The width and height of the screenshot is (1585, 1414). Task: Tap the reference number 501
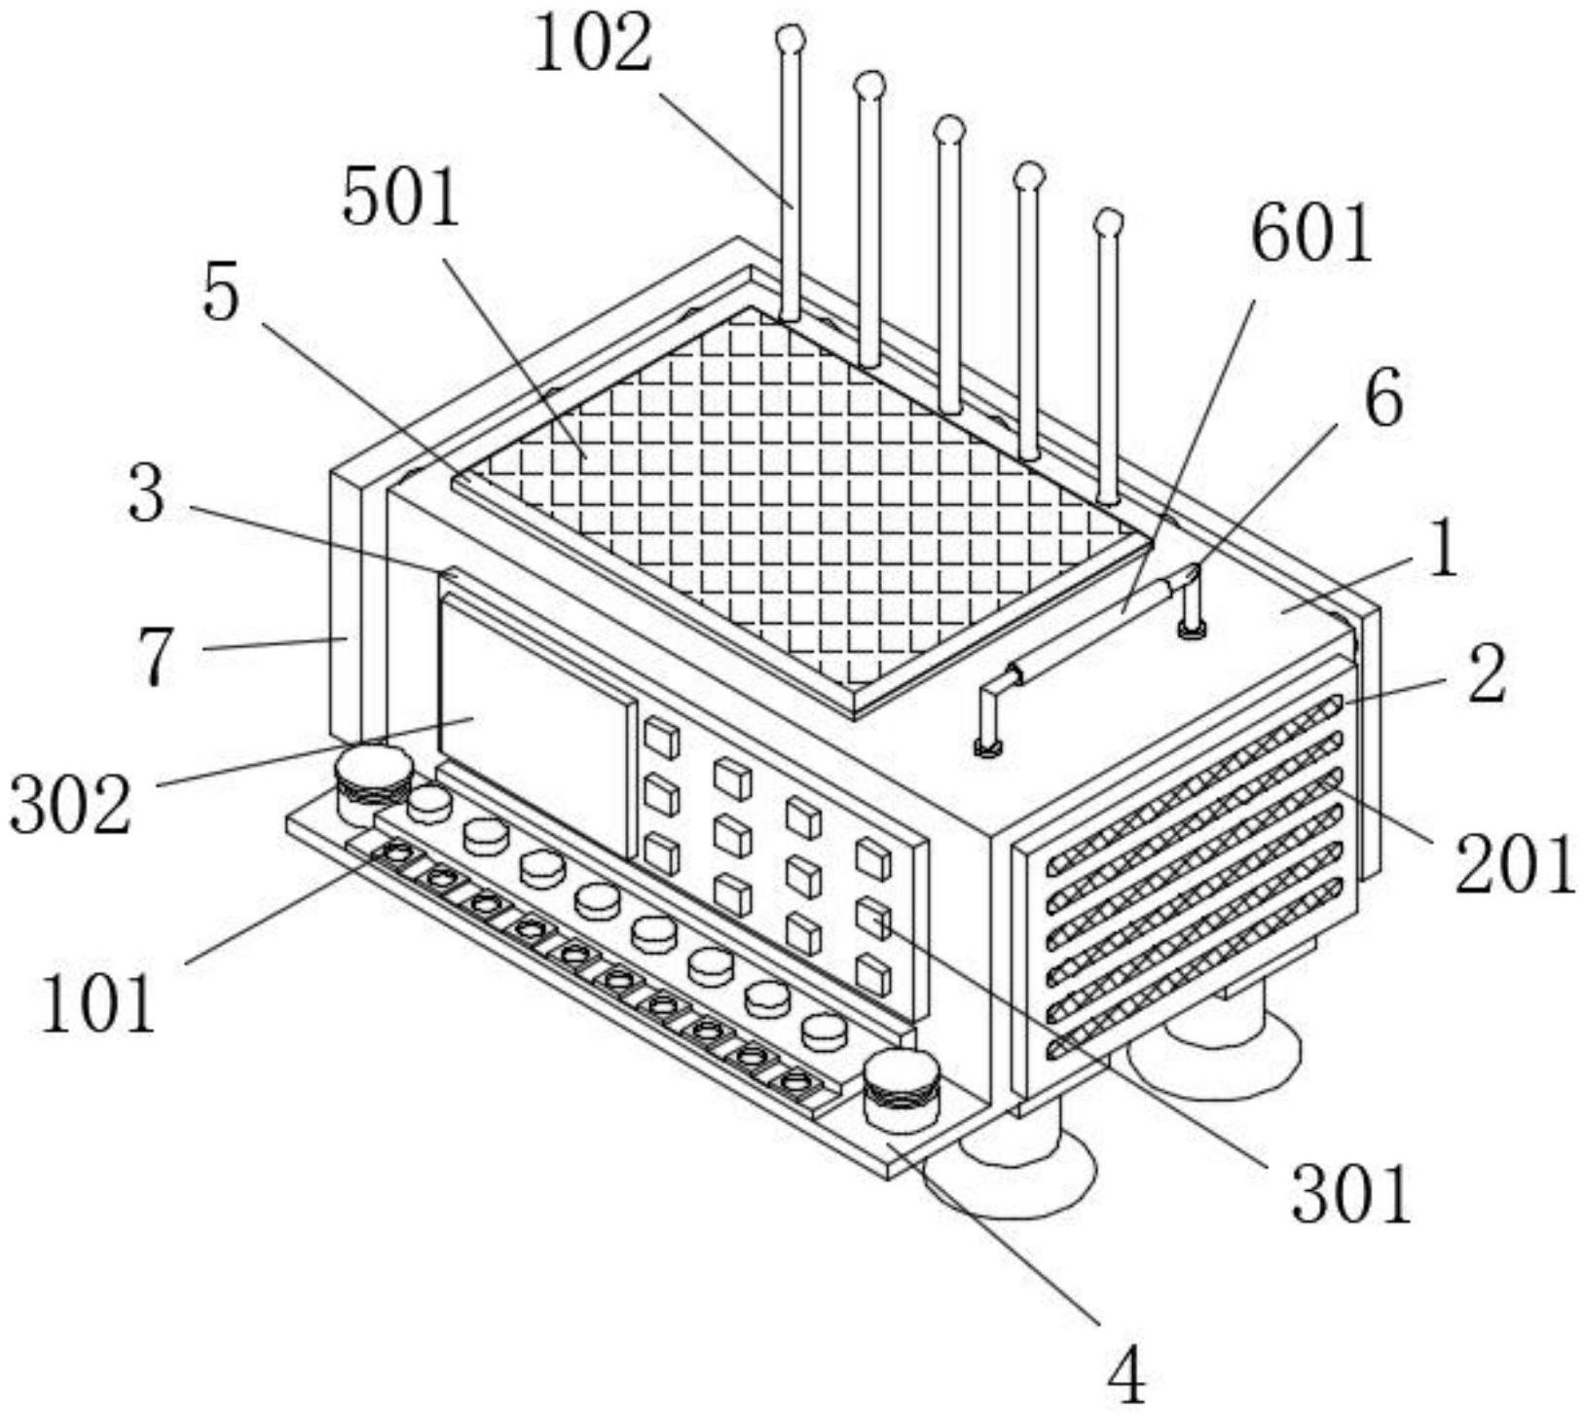tap(400, 200)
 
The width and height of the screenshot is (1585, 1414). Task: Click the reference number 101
tap(97, 1003)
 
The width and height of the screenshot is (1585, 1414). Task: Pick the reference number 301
tap(1350, 1193)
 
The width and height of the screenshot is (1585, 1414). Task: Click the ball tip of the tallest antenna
tap(791, 40)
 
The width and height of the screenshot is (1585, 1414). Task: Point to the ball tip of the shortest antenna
tap(1107, 223)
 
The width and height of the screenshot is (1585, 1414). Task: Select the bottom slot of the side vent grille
tap(1196, 976)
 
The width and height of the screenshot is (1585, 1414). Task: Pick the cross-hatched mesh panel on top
tap(798, 496)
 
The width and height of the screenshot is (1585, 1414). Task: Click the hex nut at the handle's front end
tap(987, 747)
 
